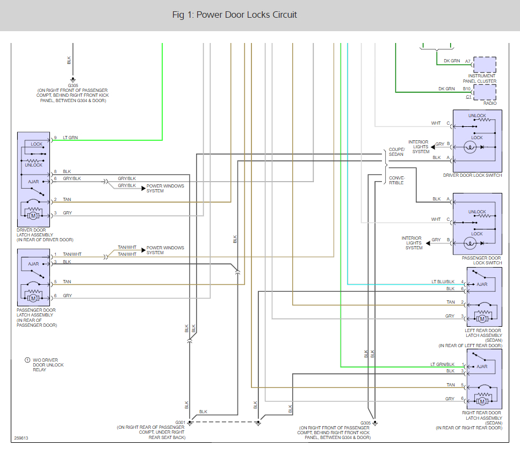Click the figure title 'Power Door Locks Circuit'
point(247,15)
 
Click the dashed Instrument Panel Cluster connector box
point(485,64)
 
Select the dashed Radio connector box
point(485,92)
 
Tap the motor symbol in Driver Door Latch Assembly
point(33,216)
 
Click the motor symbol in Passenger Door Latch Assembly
point(33,298)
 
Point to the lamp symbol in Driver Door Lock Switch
point(470,147)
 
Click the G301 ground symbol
point(190,423)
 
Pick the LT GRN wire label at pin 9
point(70,138)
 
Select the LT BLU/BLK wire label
point(443,282)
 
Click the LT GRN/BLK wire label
point(443,364)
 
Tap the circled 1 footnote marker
point(27,360)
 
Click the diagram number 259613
point(21,438)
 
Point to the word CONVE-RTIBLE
point(396,181)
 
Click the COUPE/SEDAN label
point(396,152)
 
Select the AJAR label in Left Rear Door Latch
point(482,284)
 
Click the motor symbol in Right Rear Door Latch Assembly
point(482,401)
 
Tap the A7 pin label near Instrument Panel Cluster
point(467,61)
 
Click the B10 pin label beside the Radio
point(467,89)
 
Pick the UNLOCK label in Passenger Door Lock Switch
point(477,212)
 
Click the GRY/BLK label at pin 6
point(72,178)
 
